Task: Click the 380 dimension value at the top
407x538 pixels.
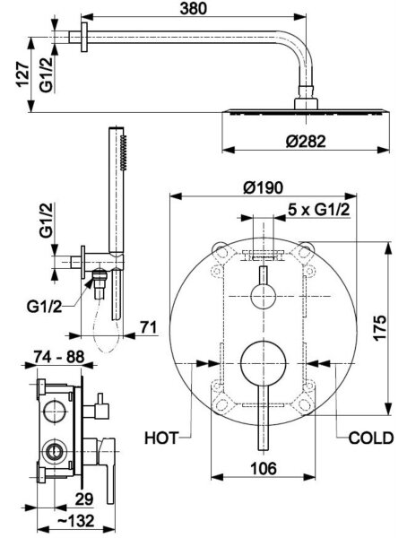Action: (194, 8)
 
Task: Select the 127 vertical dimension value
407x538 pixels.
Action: (22, 74)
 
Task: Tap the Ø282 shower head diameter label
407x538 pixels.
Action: (306, 141)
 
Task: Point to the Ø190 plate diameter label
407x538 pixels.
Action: (264, 187)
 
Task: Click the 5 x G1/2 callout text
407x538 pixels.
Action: (319, 210)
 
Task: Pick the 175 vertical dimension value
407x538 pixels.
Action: (379, 327)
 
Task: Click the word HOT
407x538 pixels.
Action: (161, 438)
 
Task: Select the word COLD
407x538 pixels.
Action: (371, 438)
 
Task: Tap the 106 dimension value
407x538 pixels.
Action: (264, 468)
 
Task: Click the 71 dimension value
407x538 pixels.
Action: (148, 327)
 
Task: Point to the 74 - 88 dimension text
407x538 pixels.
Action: (59, 357)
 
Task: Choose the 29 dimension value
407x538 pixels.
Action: (84, 499)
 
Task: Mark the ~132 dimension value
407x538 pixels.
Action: (75, 521)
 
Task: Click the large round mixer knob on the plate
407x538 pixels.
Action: (264, 363)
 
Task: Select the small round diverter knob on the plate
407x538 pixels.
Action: (264, 297)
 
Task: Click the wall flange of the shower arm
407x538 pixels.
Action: (84, 37)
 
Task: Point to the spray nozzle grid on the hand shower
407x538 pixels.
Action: (124, 152)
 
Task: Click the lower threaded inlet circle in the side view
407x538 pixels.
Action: (53, 452)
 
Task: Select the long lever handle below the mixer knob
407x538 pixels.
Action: (264, 418)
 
